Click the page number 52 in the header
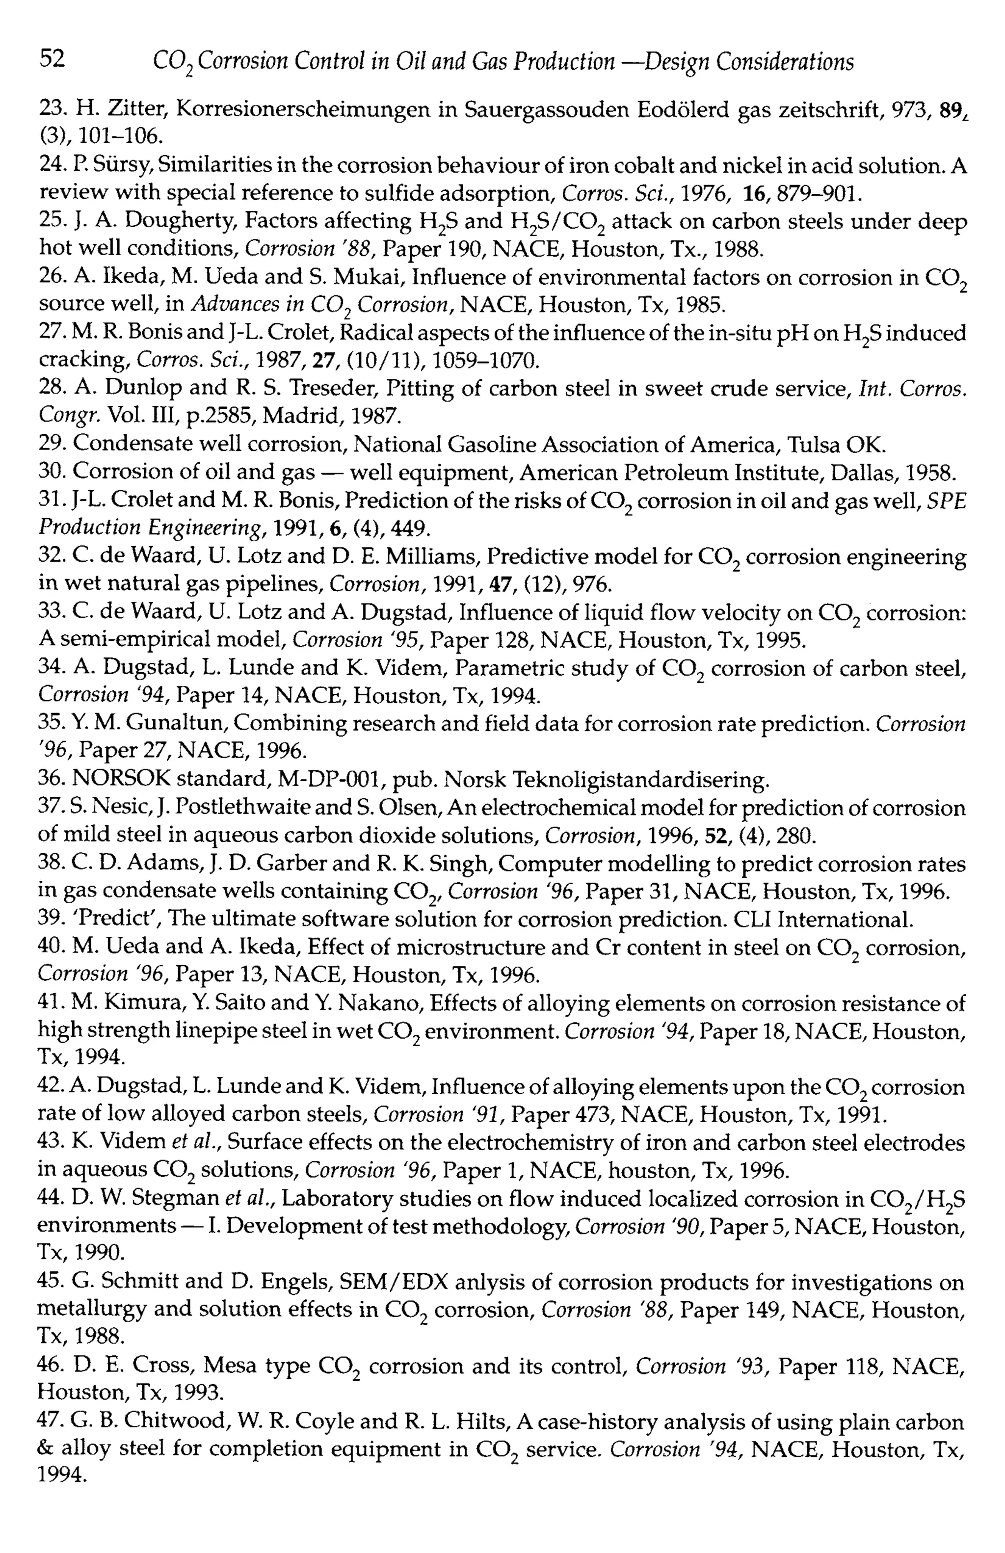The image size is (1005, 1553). (52, 60)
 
